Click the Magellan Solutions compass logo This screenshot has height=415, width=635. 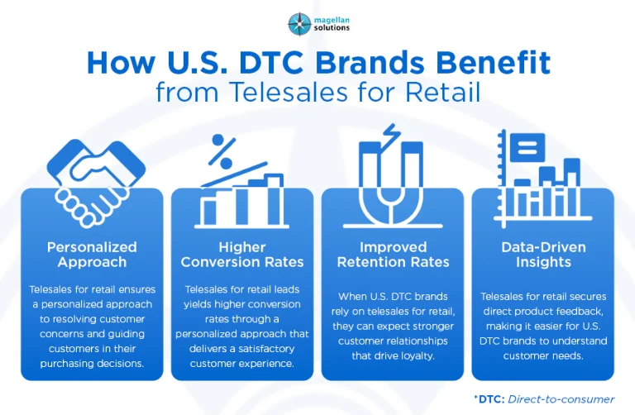pyautogui.click(x=298, y=22)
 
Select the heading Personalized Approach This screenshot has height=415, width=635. pyautogui.click(x=91, y=255)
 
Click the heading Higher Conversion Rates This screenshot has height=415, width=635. pyautogui.click(x=241, y=255)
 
